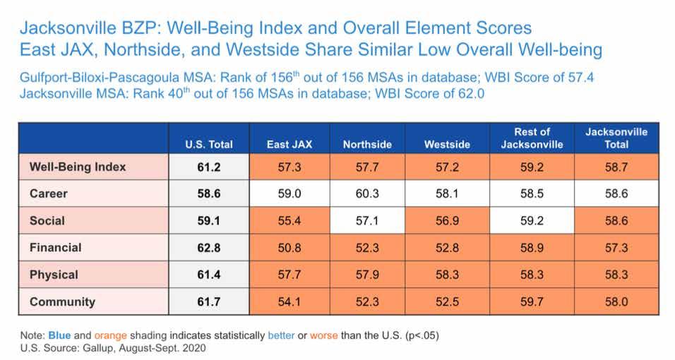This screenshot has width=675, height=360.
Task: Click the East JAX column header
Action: point(289,145)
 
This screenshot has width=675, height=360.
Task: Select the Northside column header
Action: point(367,145)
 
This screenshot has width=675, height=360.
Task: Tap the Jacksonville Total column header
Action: point(616,138)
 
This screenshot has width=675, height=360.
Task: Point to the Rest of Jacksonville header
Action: point(532,138)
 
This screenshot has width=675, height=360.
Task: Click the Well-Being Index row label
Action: point(78,167)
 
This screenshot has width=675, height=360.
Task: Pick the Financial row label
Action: point(56,248)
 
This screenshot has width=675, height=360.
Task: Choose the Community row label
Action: point(62,301)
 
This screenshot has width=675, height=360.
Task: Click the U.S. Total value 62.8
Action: point(210,248)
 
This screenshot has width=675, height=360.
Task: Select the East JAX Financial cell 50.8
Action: point(289,248)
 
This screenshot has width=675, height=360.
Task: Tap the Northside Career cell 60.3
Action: point(367,193)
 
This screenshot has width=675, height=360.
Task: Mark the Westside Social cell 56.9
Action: point(447,221)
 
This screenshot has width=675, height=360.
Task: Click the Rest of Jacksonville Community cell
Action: point(532,301)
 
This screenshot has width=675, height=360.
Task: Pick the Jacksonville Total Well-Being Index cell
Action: point(616,167)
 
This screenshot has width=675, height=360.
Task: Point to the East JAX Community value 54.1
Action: point(289,301)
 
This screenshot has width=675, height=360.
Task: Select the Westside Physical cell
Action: point(447,275)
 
